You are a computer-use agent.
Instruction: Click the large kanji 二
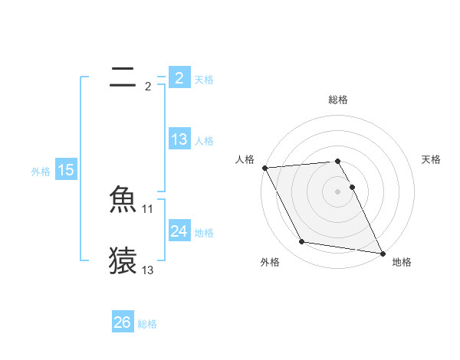pos(123,77)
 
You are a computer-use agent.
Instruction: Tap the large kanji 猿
pos(123,260)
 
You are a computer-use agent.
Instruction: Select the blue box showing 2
pos(179,78)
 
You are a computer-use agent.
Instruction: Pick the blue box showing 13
pos(179,139)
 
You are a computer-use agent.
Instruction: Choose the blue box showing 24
pos(179,231)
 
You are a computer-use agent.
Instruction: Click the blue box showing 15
pos(66,170)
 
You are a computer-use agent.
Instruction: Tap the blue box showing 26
pos(123,322)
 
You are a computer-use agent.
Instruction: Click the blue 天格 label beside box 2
pos(204,80)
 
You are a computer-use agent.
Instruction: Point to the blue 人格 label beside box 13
pos(204,141)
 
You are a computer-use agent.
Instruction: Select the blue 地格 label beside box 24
pos(204,233)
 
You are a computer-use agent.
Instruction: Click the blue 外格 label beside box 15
pos(41,172)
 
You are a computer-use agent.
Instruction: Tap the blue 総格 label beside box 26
pos(148,324)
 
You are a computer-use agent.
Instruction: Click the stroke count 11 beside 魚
pos(148,209)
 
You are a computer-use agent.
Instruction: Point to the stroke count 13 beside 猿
pos(148,270)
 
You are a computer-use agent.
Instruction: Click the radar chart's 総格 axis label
pos(338,100)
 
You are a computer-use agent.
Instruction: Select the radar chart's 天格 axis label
pos(431,159)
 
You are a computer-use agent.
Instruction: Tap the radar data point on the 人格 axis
pos(264,168)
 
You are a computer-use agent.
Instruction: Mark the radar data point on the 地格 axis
pos(382,253)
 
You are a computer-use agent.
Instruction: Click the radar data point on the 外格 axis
pos(302,242)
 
